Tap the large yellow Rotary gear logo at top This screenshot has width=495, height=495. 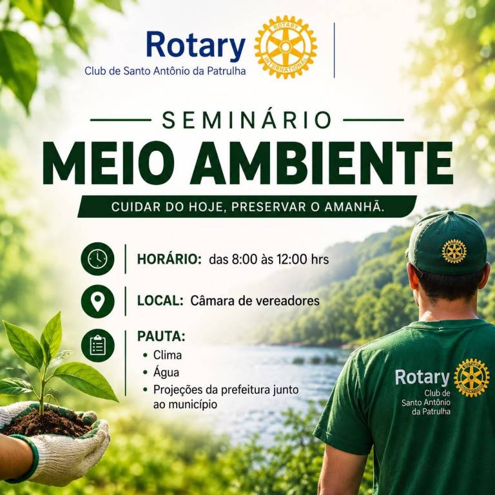[x=286, y=46]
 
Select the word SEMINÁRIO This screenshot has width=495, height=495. [x=247, y=120]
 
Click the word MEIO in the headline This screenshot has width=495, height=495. [x=108, y=163]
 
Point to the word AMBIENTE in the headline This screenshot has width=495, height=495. [x=322, y=163]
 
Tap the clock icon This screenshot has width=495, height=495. [x=97, y=259]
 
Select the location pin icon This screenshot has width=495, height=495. [x=97, y=301]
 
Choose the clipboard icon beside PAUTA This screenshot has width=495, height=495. [x=97, y=345]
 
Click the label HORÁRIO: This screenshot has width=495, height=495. [x=170, y=259]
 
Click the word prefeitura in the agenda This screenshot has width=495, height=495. [x=245, y=389]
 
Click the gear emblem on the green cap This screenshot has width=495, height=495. [x=454, y=251]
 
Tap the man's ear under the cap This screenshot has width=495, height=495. [x=409, y=275]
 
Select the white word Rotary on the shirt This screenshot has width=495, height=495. [x=422, y=377]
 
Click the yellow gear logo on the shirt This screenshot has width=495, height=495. [x=472, y=378]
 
